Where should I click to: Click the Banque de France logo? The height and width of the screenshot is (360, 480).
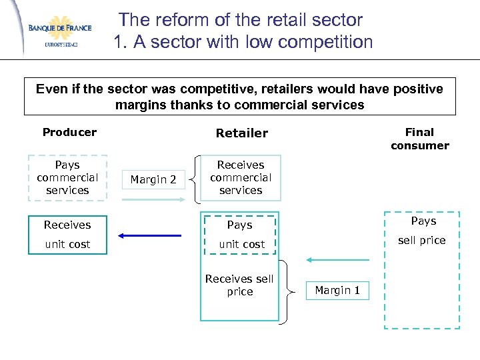[59, 29]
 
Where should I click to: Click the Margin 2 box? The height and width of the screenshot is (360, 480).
[153, 179]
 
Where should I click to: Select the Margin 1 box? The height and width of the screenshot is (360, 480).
[337, 290]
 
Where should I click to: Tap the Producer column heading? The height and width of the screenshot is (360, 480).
[69, 132]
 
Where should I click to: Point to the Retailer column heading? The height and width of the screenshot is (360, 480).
[241, 133]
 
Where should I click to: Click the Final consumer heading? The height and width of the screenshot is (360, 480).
[419, 139]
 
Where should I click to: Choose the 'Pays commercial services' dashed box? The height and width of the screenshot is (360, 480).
[67, 177]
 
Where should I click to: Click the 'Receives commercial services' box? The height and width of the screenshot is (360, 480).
[241, 177]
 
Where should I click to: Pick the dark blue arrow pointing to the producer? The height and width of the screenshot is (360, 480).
[150, 235]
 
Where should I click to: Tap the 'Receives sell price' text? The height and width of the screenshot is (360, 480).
[239, 285]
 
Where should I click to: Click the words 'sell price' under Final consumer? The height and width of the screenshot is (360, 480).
[421, 241]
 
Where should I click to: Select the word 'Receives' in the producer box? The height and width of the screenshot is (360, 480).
[67, 225]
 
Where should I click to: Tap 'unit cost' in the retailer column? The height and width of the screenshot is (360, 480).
[242, 245]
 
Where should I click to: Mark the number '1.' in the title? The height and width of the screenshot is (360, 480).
[121, 42]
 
